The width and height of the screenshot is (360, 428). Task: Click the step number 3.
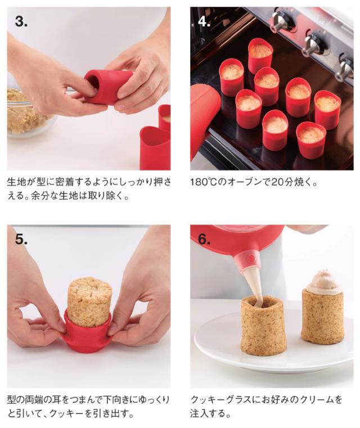pos(21,22)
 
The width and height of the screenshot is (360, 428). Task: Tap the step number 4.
pos(204,22)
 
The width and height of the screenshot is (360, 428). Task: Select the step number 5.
pos(21,239)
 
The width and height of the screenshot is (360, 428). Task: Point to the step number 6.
pos(204,239)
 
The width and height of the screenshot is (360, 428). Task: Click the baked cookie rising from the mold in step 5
pos(89,301)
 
